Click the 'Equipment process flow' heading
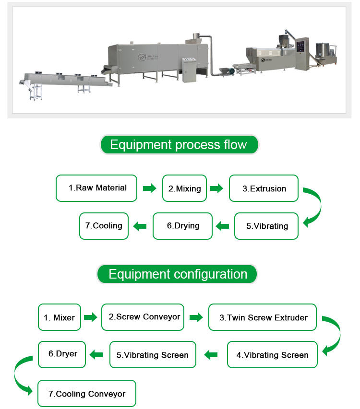pos(179,144)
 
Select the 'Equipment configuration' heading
pos(178,274)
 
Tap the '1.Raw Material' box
pos(96,188)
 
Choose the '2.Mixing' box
pos(184,188)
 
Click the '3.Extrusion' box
pos(264,188)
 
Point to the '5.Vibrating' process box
pos(266,226)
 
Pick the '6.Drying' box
pos(182,225)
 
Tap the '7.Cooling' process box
pos(104,225)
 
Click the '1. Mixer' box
pos(59,317)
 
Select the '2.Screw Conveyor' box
pos(143,317)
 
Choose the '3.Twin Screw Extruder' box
pos(263,317)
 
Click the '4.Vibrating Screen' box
pos(272,355)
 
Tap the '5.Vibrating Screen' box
pos(153,355)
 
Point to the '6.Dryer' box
pos(62,354)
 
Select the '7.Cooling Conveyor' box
pos(87,394)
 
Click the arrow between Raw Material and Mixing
pos(150,188)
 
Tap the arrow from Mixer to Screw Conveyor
pos(90,317)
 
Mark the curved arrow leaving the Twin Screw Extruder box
pos(332,336)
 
